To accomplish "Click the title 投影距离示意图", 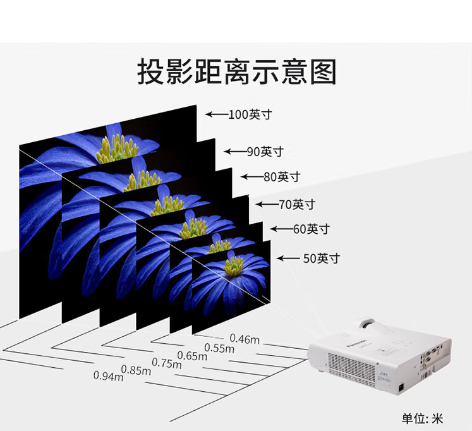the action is (236, 71).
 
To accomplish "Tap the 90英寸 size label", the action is (265, 152).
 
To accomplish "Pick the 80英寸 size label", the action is (281, 177).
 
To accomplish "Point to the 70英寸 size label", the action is (296, 204).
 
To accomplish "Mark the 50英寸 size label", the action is (321, 258).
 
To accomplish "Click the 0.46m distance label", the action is (245, 339).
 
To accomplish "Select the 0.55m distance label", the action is (219, 348).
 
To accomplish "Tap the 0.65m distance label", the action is (192, 355).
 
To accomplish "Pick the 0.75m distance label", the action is (167, 363).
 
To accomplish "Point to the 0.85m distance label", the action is (136, 370).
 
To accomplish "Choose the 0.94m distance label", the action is (108, 376).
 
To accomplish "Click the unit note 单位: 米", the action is (423, 418).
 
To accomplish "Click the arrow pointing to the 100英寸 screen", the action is (216, 115).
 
